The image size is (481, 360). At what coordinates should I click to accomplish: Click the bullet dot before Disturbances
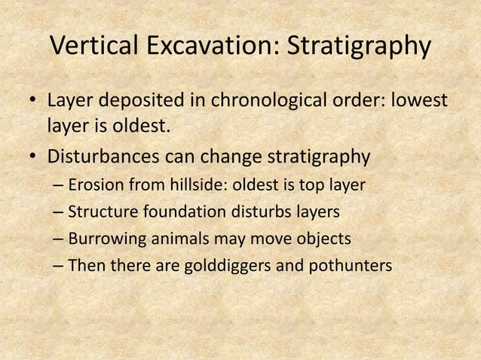point(32,159)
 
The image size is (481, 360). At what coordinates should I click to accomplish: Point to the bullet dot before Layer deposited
point(32,101)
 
